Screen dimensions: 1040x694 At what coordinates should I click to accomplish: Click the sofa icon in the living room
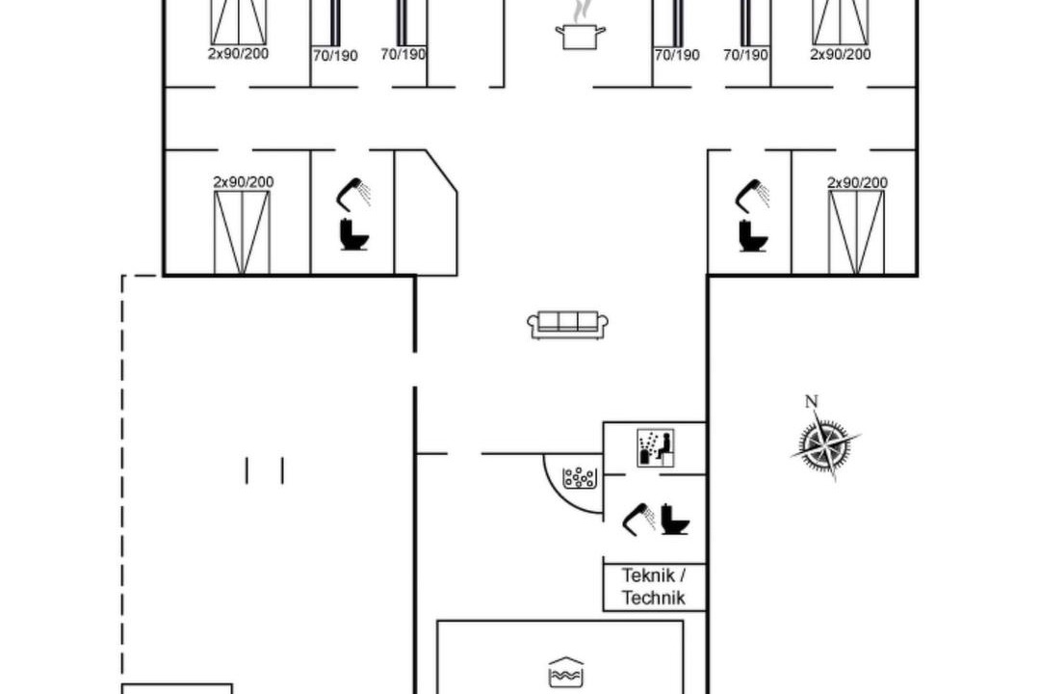click(x=568, y=325)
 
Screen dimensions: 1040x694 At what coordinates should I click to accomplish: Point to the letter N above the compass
click(x=811, y=401)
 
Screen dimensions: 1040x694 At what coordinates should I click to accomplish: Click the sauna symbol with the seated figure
click(x=656, y=447)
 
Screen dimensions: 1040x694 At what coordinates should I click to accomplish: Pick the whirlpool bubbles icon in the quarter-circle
click(x=579, y=477)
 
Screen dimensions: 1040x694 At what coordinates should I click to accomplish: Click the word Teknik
click(x=648, y=575)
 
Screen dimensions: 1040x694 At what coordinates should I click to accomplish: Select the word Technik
click(x=653, y=598)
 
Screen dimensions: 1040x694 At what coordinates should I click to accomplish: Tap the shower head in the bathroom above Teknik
click(x=638, y=518)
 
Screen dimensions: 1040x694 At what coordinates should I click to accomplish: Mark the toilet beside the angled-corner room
click(x=354, y=234)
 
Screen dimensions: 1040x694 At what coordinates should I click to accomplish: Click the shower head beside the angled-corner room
click(x=353, y=193)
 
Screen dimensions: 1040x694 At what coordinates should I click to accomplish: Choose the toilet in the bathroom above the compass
click(x=753, y=235)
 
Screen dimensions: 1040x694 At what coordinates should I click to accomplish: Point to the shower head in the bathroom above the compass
click(x=752, y=194)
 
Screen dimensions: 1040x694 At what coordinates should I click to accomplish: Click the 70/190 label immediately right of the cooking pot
click(x=677, y=55)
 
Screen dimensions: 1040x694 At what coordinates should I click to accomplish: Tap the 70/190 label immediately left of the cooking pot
click(x=403, y=54)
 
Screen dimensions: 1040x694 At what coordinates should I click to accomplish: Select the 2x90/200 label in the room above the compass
click(x=857, y=182)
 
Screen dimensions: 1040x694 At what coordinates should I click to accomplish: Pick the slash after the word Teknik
click(x=683, y=575)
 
